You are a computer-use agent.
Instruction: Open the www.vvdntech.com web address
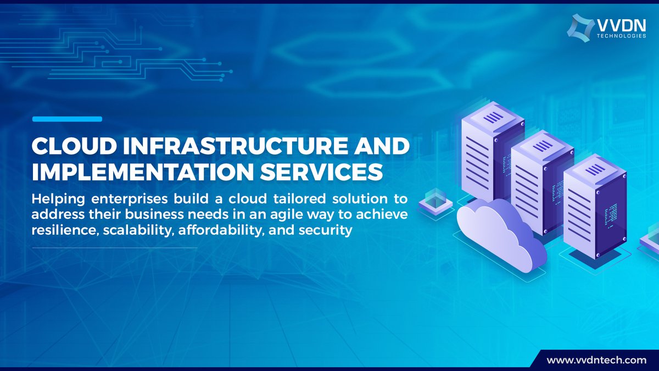(x=595, y=360)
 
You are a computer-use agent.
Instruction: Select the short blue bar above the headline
(x=67, y=119)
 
